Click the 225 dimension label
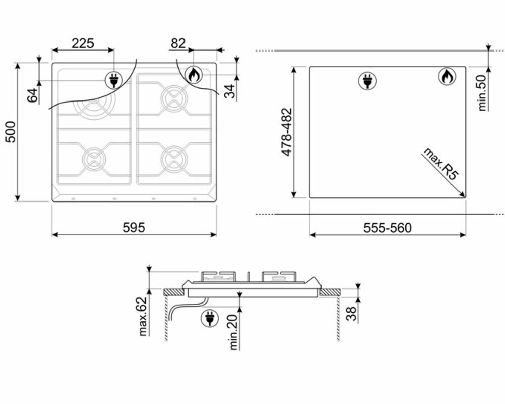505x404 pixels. (83, 43)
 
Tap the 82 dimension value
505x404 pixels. (178, 43)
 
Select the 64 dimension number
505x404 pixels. (32, 95)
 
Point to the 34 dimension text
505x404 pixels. (229, 91)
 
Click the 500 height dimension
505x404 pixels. (11, 132)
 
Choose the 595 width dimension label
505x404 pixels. (134, 227)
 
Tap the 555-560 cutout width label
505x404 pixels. (387, 228)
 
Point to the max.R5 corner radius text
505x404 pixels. (441, 164)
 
